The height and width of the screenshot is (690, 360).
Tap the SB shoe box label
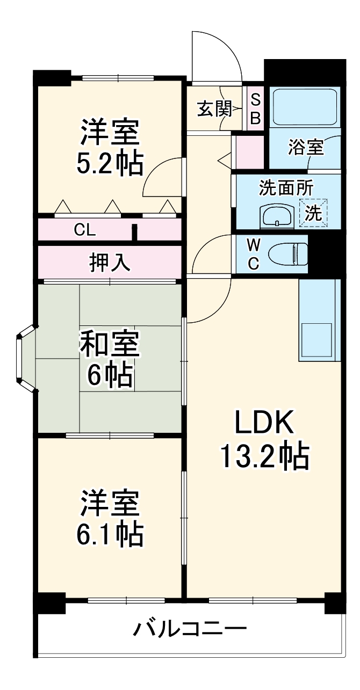256,109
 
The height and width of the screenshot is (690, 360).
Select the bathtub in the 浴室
304,107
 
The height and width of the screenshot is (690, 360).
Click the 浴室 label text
305,148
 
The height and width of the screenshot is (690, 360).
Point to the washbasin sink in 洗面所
276,216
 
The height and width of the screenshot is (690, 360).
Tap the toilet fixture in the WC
287,253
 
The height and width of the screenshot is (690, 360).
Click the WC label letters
254,254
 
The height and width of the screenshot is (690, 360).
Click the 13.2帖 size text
263,457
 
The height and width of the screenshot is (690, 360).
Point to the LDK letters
263,423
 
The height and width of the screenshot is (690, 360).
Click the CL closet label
85,230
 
